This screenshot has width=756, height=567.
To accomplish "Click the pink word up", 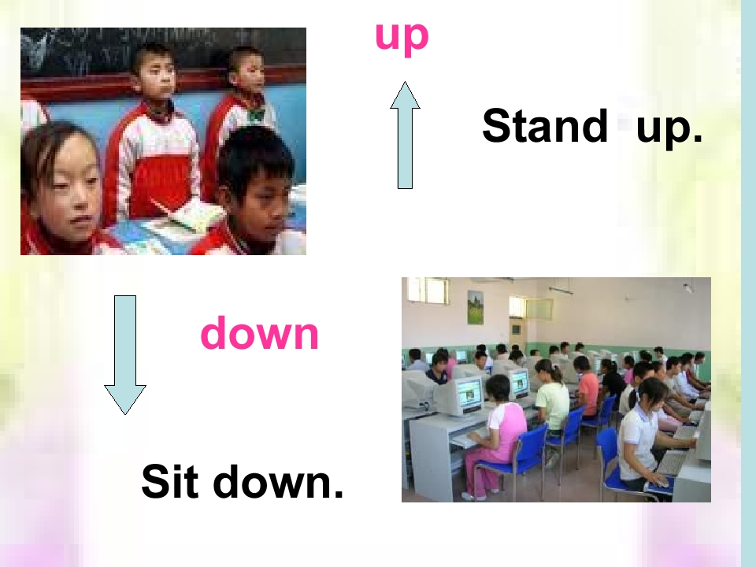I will [402, 36].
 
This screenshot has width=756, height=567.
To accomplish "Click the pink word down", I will [260, 334].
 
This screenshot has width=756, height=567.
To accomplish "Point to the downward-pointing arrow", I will [125, 354].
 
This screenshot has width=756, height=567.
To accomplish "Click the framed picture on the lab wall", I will [475, 307].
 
